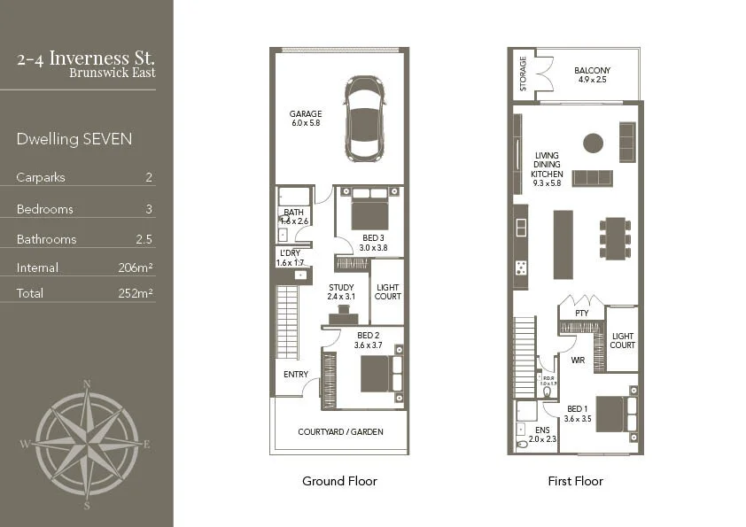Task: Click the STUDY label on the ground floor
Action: click(341, 287)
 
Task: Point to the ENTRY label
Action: click(295, 375)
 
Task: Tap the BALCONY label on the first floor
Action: click(592, 71)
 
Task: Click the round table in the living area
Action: click(593, 143)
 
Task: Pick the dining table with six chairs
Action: click(614, 237)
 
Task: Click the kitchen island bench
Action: click(563, 244)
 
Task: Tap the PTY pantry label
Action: click(581, 313)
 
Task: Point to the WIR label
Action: click(578, 360)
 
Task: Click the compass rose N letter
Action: click(87, 384)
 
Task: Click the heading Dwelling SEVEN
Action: click(74, 139)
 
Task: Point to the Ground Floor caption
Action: click(339, 481)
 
